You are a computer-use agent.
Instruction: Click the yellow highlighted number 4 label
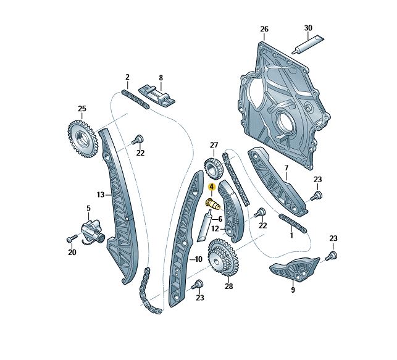pyautogui.click(x=211, y=187)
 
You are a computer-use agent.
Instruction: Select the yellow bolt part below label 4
pyautogui.click(x=213, y=204)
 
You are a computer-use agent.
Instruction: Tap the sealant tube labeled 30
pyautogui.click(x=307, y=44)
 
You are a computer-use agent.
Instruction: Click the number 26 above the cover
pyautogui.click(x=264, y=29)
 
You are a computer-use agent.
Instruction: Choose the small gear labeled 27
pyautogui.click(x=214, y=169)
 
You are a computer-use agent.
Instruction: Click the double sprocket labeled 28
pyautogui.click(x=222, y=257)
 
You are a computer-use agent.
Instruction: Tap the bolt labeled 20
pyautogui.click(x=72, y=238)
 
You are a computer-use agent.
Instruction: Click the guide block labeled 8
pyautogui.click(x=157, y=97)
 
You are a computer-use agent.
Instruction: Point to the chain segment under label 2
pyautogui.click(x=135, y=99)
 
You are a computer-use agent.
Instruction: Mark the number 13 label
pyautogui.click(x=101, y=195)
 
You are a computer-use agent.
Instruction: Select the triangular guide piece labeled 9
pyautogui.click(x=295, y=269)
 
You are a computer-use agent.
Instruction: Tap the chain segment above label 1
pyautogui.click(x=293, y=224)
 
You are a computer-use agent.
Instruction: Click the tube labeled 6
pyautogui.click(x=204, y=227)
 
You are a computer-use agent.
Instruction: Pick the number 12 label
pyautogui.click(x=215, y=229)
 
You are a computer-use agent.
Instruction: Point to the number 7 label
pyautogui.click(x=286, y=168)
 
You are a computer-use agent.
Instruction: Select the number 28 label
pyautogui.click(x=228, y=287)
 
